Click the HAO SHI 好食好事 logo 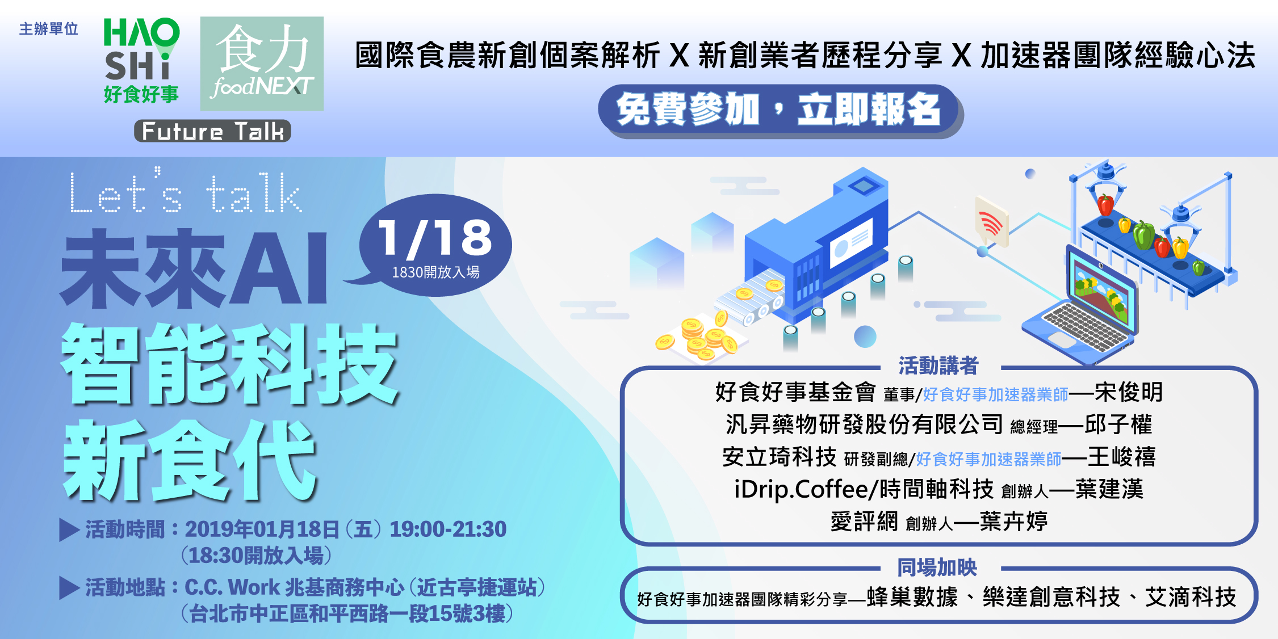click(x=141, y=61)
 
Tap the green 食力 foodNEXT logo click(x=262, y=64)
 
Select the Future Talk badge click(x=212, y=131)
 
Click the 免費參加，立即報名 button click(x=780, y=110)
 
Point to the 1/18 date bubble click(x=435, y=245)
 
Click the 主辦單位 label click(x=49, y=29)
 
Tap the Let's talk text click(x=186, y=192)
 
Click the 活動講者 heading click(x=938, y=366)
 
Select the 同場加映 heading click(x=937, y=567)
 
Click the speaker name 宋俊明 click(x=1129, y=392)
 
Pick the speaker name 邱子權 click(x=1118, y=424)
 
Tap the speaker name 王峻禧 click(x=1122, y=457)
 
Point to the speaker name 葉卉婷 click(x=1014, y=521)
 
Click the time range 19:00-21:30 click(x=448, y=529)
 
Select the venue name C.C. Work click(x=232, y=587)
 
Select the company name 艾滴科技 click(x=1191, y=598)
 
